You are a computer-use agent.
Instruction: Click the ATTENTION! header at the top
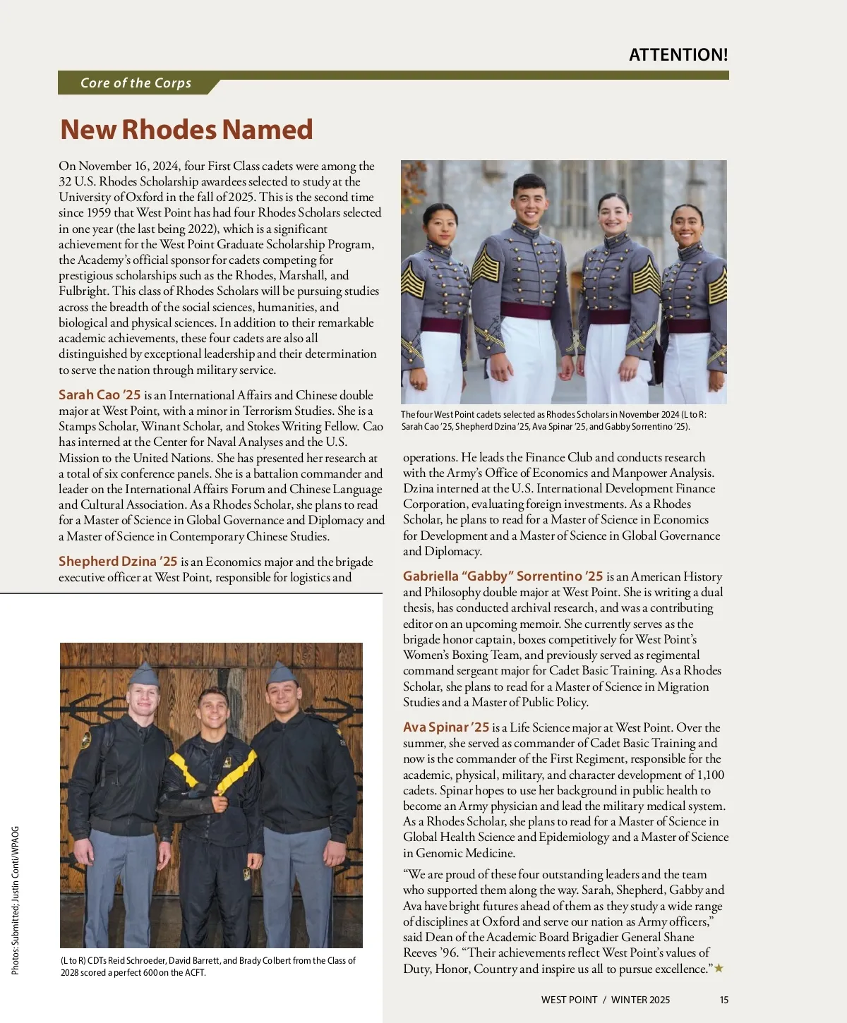(x=678, y=55)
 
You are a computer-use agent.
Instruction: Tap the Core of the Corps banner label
(x=136, y=83)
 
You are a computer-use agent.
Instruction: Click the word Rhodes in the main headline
(x=169, y=130)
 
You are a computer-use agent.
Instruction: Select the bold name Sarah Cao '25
(x=100, y=395)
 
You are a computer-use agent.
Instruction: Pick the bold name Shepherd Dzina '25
(x=118, y=562)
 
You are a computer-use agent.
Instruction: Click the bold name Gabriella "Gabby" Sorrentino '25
(x=503, y=576)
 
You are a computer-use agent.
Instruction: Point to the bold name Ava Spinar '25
(x=446, y=727)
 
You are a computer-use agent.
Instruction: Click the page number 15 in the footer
(x=724, y=1000)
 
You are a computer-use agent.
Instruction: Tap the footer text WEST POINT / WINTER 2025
(x=605, y=1000)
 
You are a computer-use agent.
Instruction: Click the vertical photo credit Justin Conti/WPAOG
(x=15, y=869)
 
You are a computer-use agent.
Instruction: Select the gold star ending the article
(x=719, y=969)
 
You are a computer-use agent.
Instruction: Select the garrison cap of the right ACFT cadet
(x=281, y=673)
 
